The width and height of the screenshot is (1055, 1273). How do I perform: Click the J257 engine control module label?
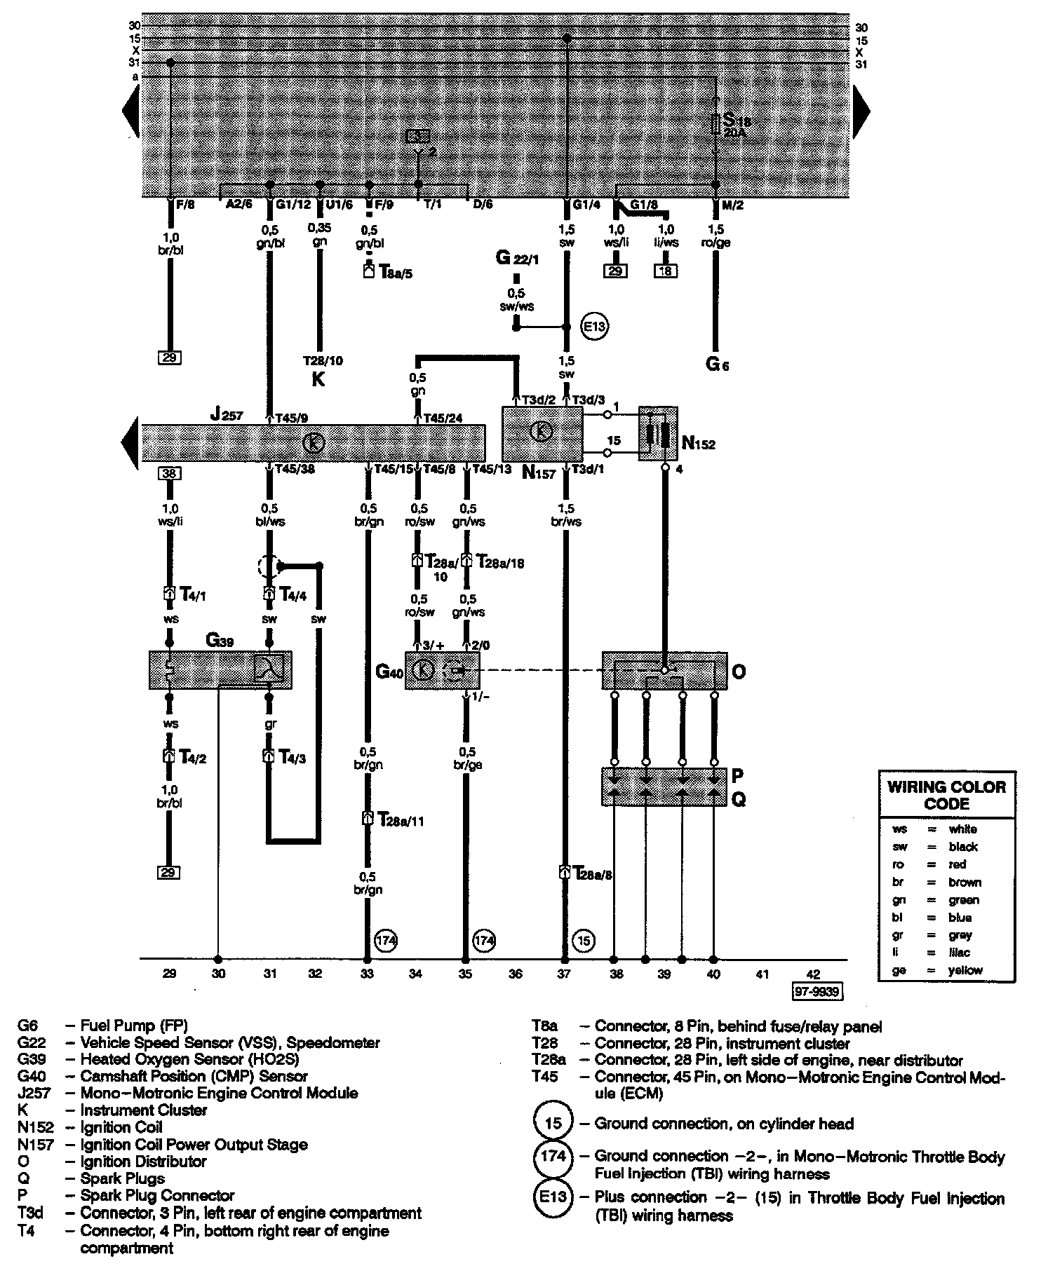(x=226, y=416)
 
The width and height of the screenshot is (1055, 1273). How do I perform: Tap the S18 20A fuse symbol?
(x=715, y=125)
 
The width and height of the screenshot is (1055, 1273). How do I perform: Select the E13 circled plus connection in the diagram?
(x=595, y=326)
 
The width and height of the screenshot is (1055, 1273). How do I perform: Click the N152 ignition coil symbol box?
(x=658, y=433)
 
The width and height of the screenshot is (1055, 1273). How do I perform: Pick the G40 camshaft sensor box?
(x=442, y=670)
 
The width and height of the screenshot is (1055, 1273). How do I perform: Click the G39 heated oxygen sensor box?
(x=220, y=669)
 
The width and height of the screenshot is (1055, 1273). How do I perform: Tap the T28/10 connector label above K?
(x=323, y=361)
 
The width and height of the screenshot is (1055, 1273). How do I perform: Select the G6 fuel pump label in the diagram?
(x=717, y=365)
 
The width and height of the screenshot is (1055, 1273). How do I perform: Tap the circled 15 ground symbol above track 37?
(x=584, y=939)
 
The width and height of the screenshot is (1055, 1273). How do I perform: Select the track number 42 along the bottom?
(x=813, y=974)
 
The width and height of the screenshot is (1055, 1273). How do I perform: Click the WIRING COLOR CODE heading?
(x=946, y=795)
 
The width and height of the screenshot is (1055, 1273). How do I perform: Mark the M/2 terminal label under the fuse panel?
(x=733, y=205)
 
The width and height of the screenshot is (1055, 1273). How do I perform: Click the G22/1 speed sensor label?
(x=516, y=259)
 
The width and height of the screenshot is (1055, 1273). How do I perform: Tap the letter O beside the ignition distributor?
(x=739, y=672)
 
